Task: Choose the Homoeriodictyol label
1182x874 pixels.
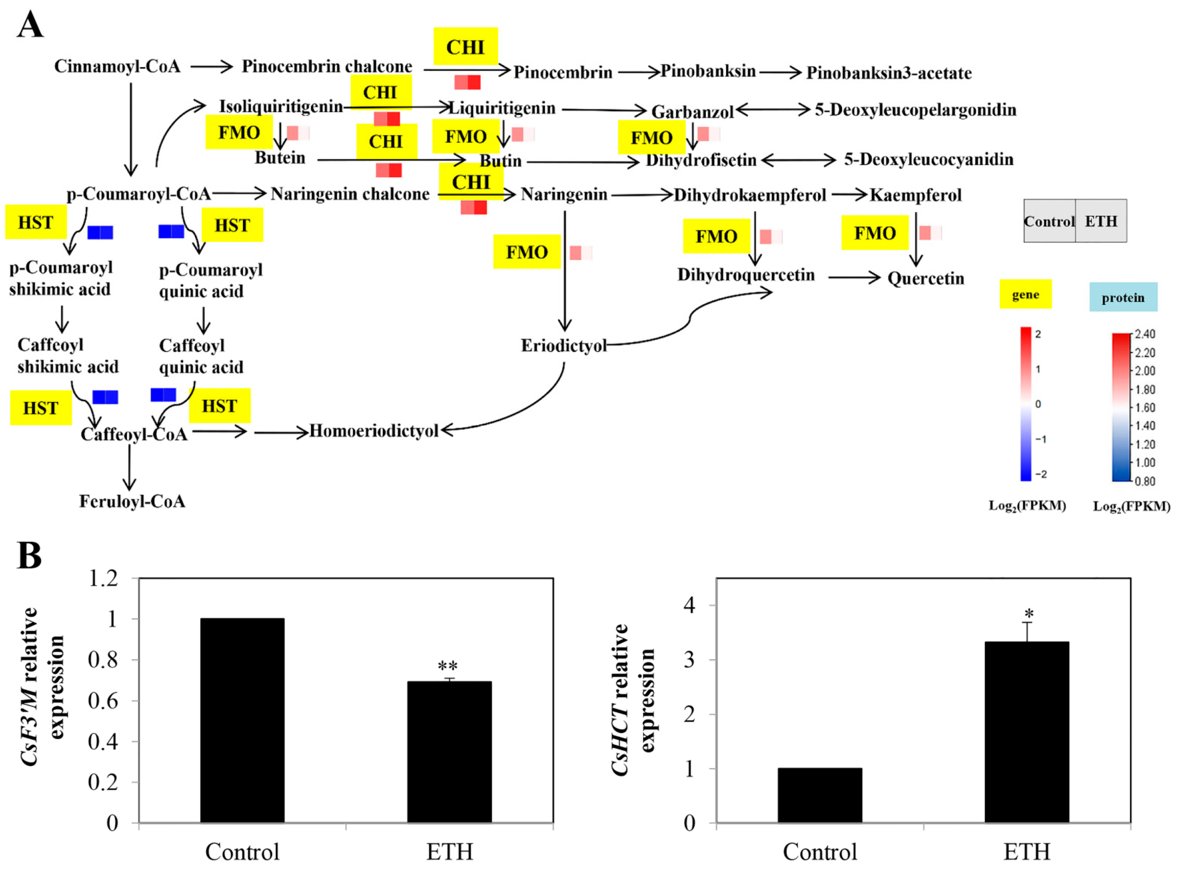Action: [x=374, y=431]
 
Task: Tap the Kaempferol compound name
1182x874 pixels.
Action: [x=915, y=195]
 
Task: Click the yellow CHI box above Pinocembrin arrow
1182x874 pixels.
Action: [x=465, y=47]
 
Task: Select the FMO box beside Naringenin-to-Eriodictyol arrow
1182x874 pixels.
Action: [x=526, y=252]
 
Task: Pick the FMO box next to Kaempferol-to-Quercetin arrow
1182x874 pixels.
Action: [x=875, y=233]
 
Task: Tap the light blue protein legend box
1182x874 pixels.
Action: [x=1123, y=297]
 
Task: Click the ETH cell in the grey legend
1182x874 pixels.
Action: [x=1101, y=221]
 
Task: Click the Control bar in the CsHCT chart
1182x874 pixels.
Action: [x=819, y=795]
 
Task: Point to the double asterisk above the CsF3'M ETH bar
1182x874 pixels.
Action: [x=448, y=666]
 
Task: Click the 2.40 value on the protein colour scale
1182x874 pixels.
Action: [x=1145, y=334]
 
